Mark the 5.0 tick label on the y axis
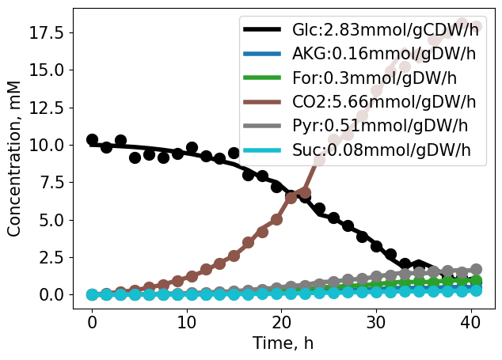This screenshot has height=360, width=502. pyautogui.click(x=54, y=220)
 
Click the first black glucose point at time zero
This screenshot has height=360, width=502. pyautogui.click(x=92, y=140)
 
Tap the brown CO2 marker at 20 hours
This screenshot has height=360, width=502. pyautogui.click(x=276, y=219)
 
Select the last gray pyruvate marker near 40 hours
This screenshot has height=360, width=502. pyautogui.click(x=476, y=270)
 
